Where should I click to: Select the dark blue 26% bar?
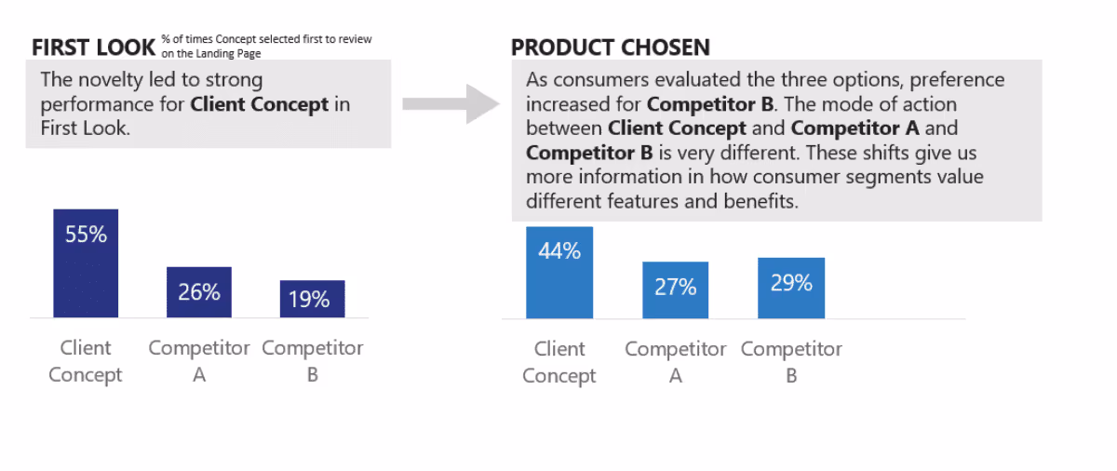199,292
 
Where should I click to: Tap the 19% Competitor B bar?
312,299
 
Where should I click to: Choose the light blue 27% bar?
675,290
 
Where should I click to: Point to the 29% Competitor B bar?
791,288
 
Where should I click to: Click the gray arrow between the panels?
451,102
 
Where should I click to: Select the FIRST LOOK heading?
91,47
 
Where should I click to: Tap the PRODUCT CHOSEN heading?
610,47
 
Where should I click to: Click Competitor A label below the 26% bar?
199,361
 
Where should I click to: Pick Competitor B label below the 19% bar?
313,361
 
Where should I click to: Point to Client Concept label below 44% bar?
558,362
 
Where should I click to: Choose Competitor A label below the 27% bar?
676,362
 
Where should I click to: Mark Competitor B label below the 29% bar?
791,362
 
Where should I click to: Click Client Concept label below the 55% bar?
86,361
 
